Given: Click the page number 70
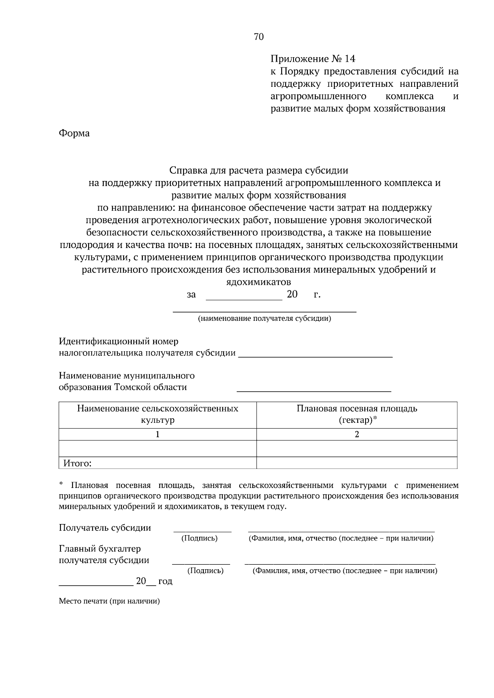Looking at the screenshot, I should (259, 37).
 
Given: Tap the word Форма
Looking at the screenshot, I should (74, 133).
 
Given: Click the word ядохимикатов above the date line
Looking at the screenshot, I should (259, 282).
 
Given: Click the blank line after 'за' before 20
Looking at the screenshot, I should (244, 299).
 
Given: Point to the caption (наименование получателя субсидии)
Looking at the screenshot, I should (264, 318).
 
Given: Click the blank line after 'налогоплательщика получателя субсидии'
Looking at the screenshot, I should (315, 356).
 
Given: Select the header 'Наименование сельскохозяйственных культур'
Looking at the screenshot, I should (158, 414).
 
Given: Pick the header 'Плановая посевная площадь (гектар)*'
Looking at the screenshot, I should (357, 414).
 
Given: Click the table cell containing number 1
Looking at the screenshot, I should (158, 434).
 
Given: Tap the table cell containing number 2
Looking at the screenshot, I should (357, 434).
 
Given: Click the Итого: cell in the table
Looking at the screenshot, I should (77, 464).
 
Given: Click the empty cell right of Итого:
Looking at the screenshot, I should (357, 463).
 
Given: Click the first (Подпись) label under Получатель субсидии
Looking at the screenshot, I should (199, 538).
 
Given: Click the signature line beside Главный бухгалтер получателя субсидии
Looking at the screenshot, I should (201, 563).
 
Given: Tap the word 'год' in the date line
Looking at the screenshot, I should (165, 581).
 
